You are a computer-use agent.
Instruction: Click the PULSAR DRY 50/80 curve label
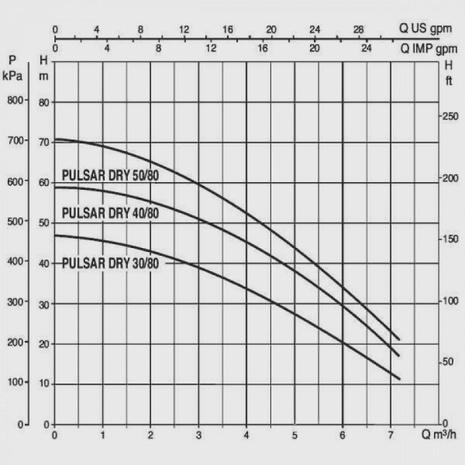(x=110, y=176)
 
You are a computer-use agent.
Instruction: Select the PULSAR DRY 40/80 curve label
(x=110, y=214)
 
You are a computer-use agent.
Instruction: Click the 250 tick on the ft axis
(x=449, y=115)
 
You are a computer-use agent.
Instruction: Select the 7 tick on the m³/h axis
(x=391, y=435)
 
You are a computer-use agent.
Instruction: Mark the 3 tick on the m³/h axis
(x=198, y=435)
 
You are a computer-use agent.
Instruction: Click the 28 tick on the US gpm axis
(x=359, y=29)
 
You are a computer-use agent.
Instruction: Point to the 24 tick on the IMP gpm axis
(x=367, y=47)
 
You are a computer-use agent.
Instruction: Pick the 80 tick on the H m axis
(x=44, y=102)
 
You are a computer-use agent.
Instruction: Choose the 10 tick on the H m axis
(x=44, y=384)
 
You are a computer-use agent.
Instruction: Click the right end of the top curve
(x=399, y=339)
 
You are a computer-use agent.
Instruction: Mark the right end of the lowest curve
(x=399, y=379)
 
